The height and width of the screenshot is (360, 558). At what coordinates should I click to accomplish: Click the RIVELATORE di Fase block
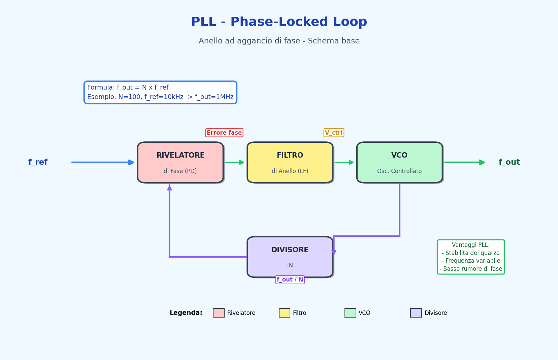coord(180,162)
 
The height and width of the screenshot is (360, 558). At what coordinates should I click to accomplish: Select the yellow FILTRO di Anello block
coord(290,162)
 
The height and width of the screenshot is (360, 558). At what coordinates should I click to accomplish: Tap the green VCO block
coord(399,162)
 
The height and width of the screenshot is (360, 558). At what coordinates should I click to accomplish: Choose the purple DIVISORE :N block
coord(290,257)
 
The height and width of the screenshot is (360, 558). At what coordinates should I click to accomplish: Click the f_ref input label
coord(38,162)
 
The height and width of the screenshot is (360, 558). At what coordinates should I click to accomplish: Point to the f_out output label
coord(509,162)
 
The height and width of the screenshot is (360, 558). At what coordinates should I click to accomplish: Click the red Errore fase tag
coord(224,133)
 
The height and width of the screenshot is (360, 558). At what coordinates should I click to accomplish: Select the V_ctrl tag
coord(334,133)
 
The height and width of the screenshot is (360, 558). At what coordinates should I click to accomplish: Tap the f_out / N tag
coord(290,280)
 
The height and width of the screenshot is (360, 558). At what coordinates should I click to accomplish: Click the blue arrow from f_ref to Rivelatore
coord(103,162)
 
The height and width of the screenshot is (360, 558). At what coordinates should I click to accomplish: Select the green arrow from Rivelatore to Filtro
coord(234,162)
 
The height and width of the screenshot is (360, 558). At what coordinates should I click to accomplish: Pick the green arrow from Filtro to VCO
coord(344,162)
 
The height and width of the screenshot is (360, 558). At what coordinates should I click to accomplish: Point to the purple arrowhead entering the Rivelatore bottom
coord(169,187)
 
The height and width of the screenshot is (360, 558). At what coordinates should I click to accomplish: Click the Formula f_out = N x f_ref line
coord(128,88)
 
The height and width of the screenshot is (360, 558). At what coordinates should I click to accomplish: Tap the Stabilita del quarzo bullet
coord(470,253)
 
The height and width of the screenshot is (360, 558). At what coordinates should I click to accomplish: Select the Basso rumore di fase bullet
coord(470,269)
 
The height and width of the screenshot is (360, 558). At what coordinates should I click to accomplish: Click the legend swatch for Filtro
coord(285,313)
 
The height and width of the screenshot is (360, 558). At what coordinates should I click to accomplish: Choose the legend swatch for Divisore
coord(416,313)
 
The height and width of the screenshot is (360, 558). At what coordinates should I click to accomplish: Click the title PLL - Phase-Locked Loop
coord(279,22)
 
